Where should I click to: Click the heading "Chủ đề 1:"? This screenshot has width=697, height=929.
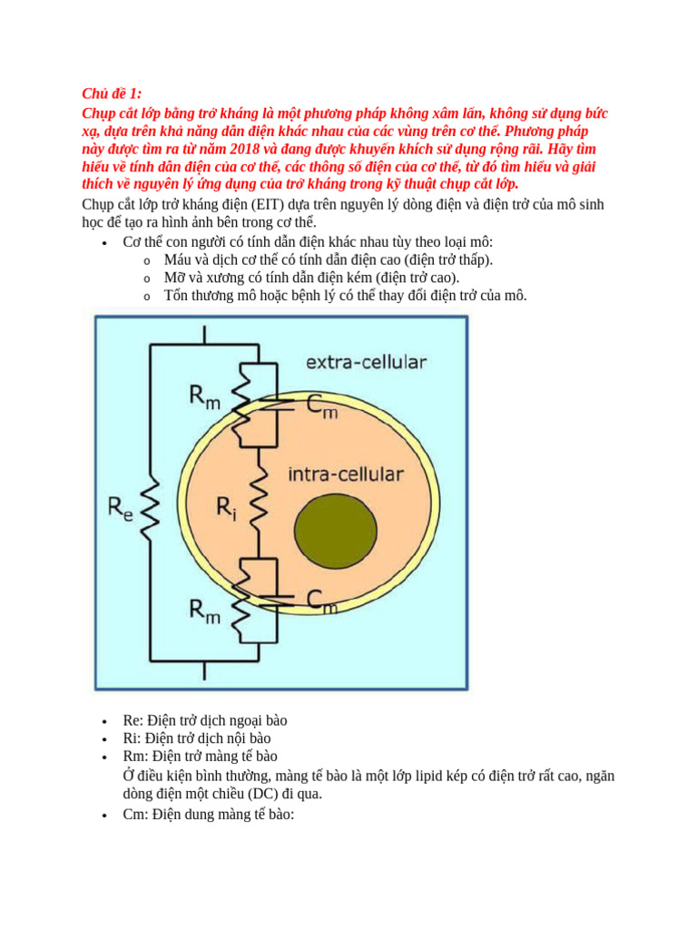point(112,94)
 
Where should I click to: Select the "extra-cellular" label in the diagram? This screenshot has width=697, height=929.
point(365,363)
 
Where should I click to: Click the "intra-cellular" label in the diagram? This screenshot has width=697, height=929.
point(346,474)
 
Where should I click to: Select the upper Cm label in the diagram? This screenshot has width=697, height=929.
point(320,408)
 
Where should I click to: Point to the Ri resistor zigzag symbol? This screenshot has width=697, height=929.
point(260,506)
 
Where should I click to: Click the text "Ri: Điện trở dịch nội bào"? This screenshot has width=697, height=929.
point(197,738)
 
